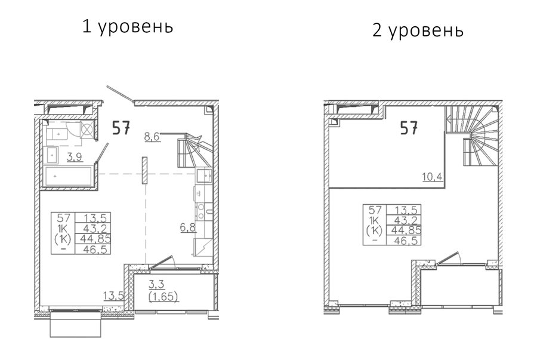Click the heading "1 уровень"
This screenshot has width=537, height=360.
click(x=128, y=27)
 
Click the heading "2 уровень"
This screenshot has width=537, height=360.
click(x=418, y=30)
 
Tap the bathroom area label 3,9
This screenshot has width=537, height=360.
click(x=75, y=157)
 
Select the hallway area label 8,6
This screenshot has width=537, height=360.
click(x=152, y=137)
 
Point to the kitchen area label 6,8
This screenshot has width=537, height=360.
click(x=189, y=227)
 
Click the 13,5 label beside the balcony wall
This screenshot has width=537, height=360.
click(x=113, y=296)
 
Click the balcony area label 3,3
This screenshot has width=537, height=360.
click(x=156, y=284)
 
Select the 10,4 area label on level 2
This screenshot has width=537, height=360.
click(x=433, y=177)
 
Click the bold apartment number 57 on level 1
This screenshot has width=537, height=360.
click(x=121, y=128)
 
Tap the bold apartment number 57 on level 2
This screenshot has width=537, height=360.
click(x=409, y=128)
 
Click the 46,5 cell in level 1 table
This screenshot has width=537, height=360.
click(x=92, y=249)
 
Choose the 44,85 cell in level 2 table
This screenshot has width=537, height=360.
click(x=404, y=230)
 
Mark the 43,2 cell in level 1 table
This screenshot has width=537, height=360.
click(x=92, y=228)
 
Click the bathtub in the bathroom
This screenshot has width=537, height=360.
click(x=69, y=176)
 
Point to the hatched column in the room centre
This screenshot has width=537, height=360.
click(x=144, y=170)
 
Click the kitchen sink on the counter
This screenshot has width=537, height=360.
click(x=204, y=176)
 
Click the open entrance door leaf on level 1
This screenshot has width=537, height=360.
click(x=119, y=94)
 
